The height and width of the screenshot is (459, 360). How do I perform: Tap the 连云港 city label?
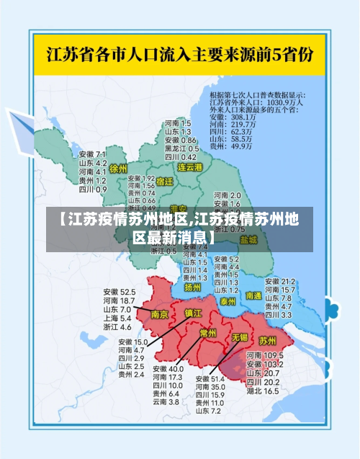(x=191, y=167)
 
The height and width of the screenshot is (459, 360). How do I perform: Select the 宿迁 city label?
(x=165, y=182)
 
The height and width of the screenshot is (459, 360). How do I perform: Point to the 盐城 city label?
(x=248, y=239)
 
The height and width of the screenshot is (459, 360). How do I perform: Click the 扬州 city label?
(x=192, y=287)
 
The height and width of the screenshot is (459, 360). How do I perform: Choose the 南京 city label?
(x=160, y=314)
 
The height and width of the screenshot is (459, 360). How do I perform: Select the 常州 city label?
(x=208, y=334)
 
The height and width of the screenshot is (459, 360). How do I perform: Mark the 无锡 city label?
(x=239, y=337)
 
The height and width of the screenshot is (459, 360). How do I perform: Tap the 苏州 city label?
(x=267, y=339)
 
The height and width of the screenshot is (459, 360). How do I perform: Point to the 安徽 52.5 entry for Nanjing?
(x=119, y=292)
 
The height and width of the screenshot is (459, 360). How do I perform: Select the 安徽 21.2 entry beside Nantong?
(x=280, y=281)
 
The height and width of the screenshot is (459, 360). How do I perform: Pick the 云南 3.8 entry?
(x=166, y=402)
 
